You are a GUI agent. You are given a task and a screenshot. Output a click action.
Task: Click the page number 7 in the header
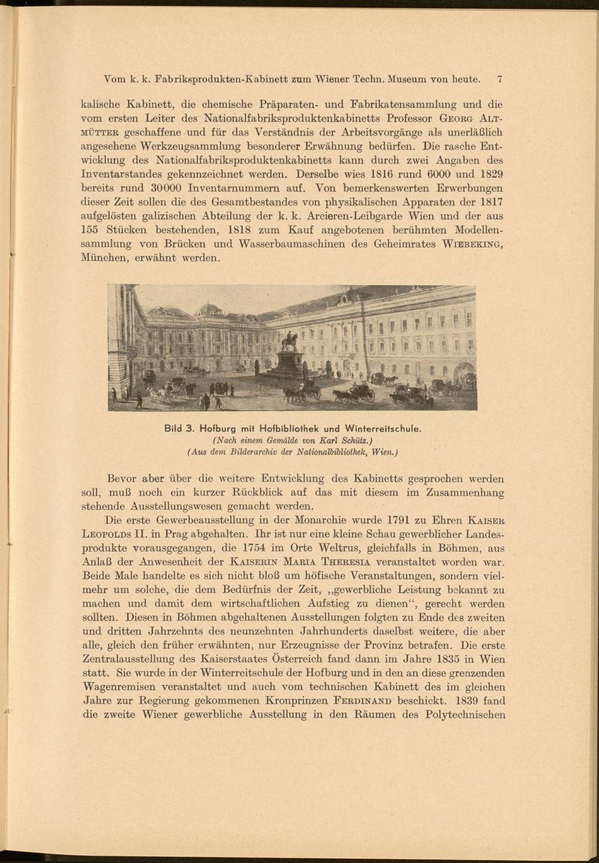tap(499, 78)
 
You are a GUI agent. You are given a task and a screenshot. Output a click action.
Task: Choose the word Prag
tap(171, 534)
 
